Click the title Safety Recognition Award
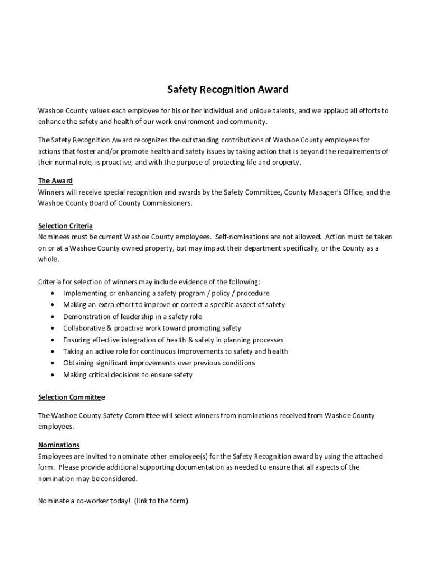coord(228,90)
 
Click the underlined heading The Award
coord(55,181)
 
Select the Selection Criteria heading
coord(65,226)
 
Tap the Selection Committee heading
coord(71,397)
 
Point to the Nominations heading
coord(59,445)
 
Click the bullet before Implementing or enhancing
coord(53,294)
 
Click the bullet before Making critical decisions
coord(53,375)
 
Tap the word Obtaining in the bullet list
coord(78,363)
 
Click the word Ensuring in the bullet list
coord(77,340)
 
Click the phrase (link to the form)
coord(161,501)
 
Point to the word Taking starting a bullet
coord(73,351)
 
